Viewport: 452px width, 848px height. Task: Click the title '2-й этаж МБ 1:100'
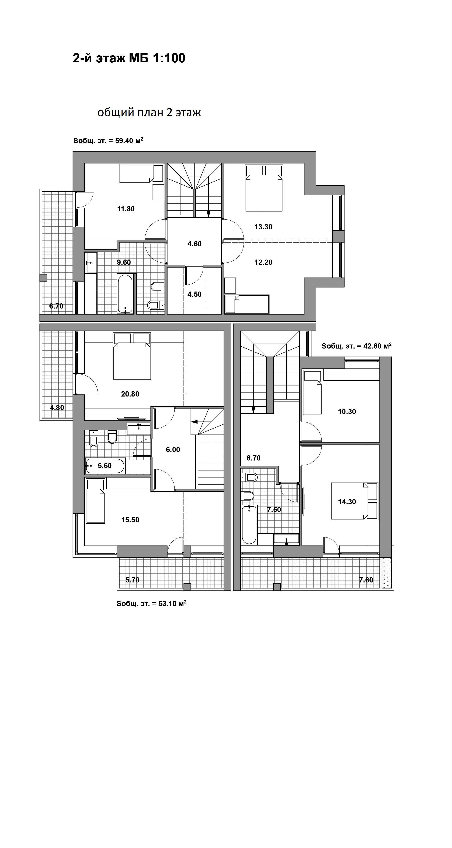click(x=129, y=58)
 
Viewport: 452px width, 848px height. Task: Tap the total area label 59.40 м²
click(x=108, y=141)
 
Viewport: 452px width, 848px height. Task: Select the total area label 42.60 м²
click(x=356, y=346)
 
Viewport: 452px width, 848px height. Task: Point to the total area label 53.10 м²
click(x=152, y=603)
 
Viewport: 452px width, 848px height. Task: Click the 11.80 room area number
click(x=126, y=209)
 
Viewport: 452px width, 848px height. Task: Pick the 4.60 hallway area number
click(x=194, y=244)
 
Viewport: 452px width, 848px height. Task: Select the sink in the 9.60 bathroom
click(x=91, y=263)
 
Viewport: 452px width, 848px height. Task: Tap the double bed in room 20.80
click(x=132, y=356)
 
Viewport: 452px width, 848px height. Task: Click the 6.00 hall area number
click(x=173, y=450)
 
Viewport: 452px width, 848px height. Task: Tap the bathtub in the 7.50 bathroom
click(x=249, y=525)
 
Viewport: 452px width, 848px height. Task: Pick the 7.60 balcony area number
click(x=366, y=580)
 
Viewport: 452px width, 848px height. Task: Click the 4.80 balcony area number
click(x=57, y=408)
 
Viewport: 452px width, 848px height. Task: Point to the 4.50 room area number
click(x=194, y=294)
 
